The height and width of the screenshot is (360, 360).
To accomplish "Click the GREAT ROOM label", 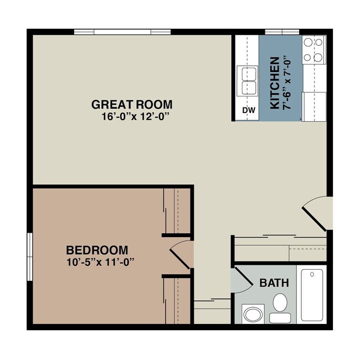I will coord(131,104).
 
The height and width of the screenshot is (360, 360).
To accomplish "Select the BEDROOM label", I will coord(97,250).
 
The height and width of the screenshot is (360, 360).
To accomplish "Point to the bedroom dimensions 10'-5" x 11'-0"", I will coord(97,261).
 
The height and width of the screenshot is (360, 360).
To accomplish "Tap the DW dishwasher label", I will coord(249,111).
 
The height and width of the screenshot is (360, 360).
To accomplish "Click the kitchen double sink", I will coord(247,81).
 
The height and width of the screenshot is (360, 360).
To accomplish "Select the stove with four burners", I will coord(313,49).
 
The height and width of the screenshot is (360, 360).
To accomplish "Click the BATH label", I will coord(274,283).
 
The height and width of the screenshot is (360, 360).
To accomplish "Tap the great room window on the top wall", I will coord(121,32).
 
